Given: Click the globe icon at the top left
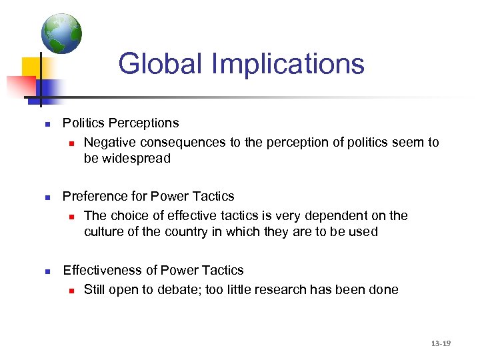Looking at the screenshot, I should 61,33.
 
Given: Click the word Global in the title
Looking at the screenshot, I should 160,64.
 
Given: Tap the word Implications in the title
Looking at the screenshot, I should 288,65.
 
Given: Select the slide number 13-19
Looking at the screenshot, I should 441,343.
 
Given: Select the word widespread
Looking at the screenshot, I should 136,159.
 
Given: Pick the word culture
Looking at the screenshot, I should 103,232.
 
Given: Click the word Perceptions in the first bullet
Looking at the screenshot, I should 143,123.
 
